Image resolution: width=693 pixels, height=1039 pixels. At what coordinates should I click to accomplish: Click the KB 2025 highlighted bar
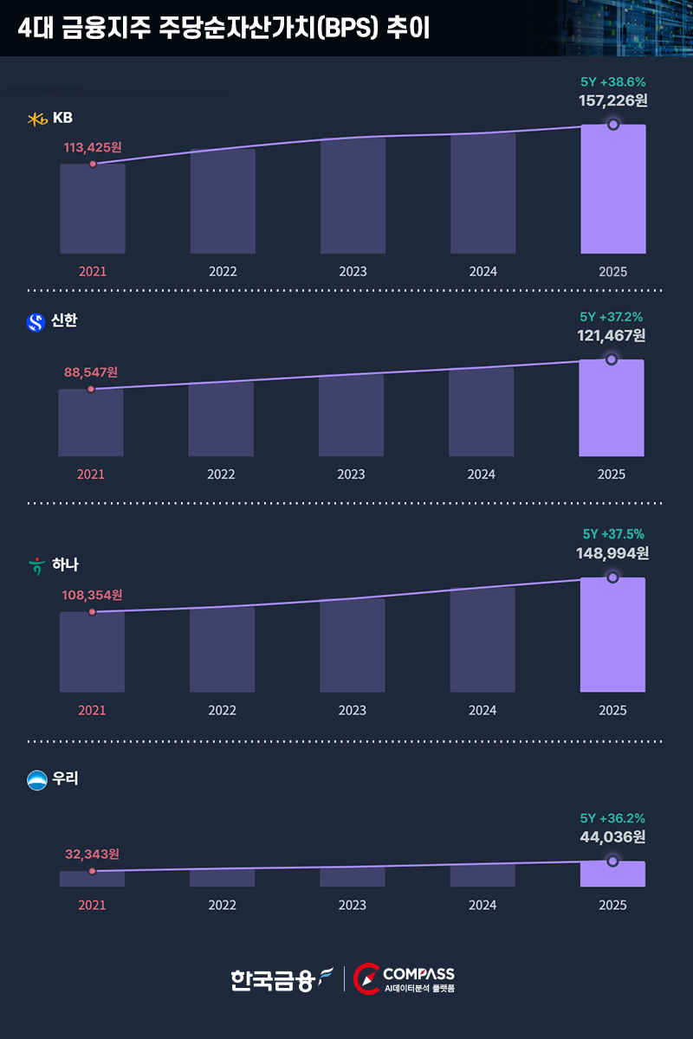612,190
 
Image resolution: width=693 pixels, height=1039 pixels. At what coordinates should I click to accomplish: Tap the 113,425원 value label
93,147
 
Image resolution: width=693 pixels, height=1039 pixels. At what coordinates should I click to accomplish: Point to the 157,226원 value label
613,101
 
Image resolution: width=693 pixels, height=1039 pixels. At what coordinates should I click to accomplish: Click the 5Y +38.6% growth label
613,82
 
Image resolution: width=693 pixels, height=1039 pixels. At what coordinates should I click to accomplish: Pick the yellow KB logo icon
37,119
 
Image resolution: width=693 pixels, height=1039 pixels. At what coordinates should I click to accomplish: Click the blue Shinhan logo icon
36,322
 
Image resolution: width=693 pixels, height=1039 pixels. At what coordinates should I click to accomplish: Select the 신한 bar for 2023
351,416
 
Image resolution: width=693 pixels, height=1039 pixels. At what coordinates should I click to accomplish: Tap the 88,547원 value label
91,372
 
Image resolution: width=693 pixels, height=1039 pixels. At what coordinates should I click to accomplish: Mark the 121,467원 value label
612,336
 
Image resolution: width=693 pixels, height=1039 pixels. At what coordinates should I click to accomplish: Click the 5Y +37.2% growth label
612,317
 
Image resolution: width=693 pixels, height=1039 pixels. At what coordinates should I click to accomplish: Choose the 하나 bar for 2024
483,640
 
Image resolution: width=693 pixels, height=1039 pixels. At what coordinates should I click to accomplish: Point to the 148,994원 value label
612,553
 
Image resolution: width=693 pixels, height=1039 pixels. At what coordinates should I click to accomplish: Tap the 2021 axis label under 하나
92,711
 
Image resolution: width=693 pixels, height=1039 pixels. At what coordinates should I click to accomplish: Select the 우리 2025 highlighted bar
612,874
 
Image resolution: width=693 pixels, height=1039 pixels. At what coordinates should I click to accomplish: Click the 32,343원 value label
92,854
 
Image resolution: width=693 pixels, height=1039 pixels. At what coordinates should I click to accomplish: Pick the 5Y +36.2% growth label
612,818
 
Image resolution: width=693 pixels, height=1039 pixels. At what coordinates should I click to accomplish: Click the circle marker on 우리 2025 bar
612,862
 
